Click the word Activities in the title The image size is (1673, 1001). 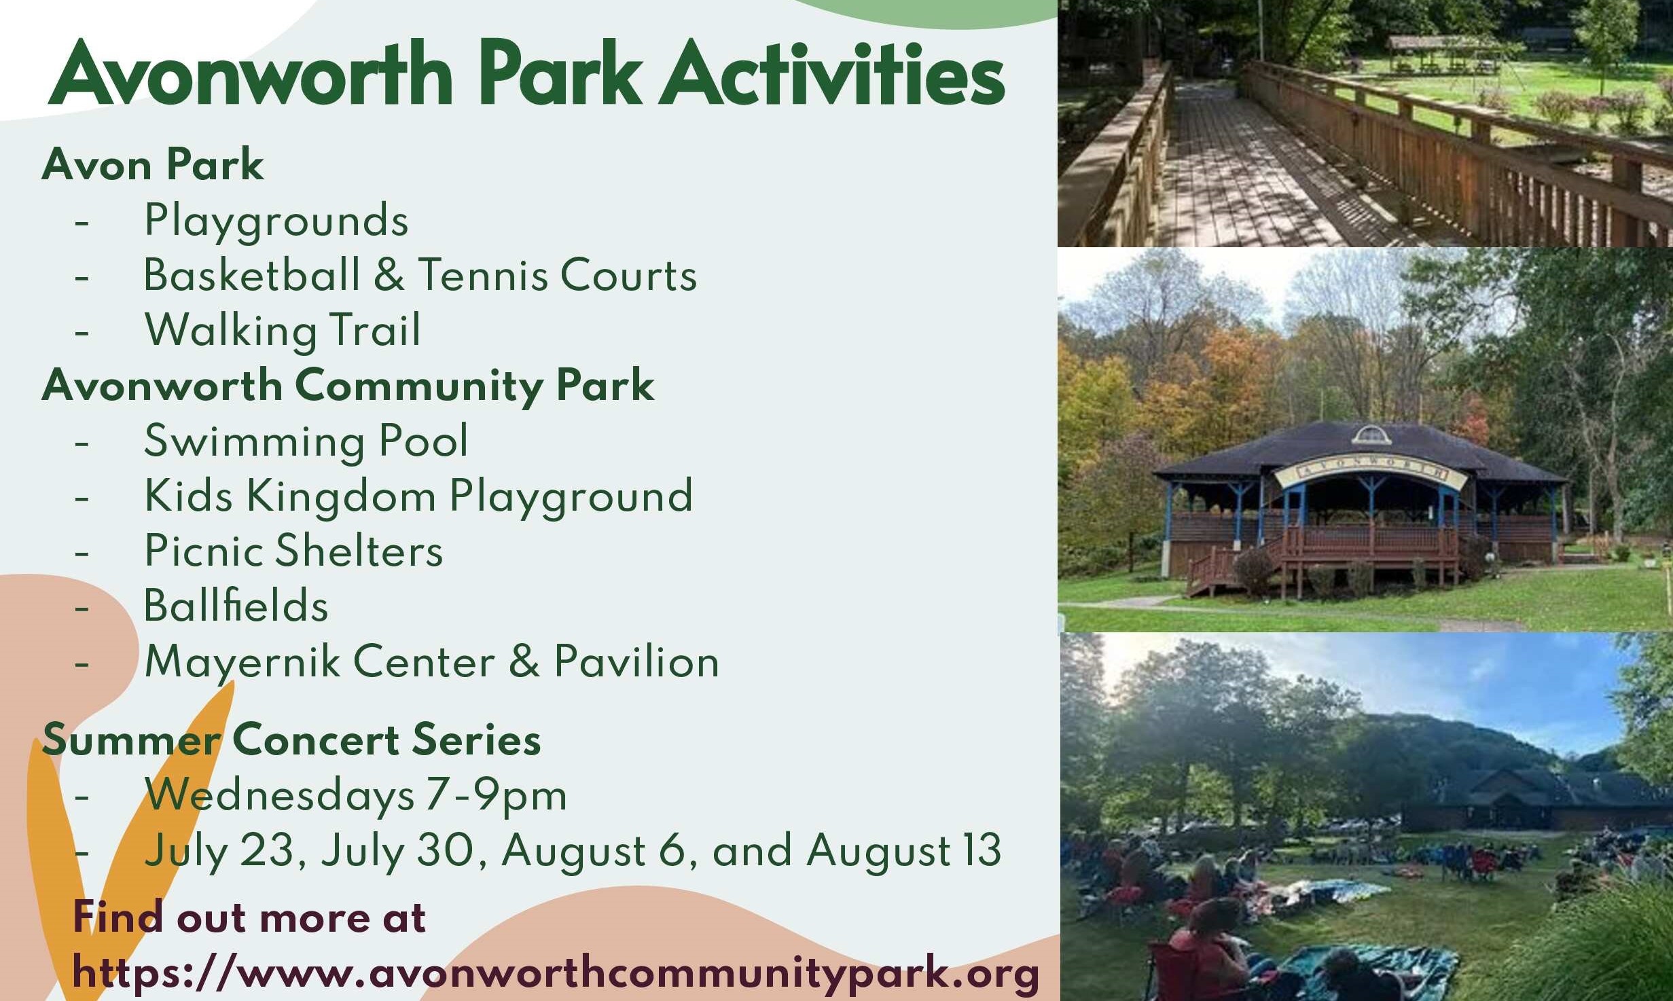point(833,73)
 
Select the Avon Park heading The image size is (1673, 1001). point(153,164)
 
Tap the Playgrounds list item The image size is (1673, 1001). point(276,221)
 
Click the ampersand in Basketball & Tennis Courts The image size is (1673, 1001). point(389,275)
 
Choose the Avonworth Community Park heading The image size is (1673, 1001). point(348,386)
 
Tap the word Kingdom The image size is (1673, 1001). point(341,496)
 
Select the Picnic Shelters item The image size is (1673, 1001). point(293,551)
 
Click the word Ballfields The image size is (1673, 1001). point(236,605)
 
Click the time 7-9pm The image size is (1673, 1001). point(497,795)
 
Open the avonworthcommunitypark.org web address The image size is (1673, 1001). point(556,974)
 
